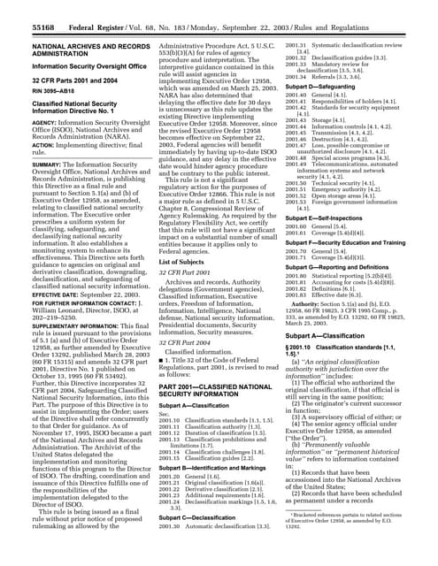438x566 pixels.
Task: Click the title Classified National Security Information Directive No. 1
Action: (67, 107)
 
